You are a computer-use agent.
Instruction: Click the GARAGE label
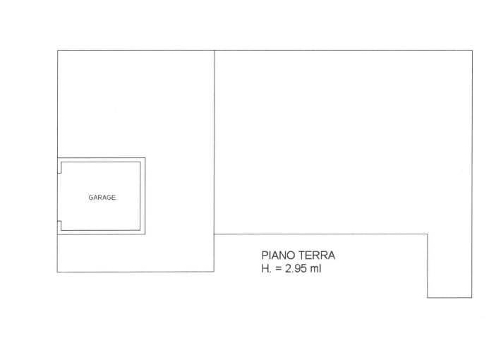point(102,198)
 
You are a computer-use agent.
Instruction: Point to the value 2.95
point(296,268)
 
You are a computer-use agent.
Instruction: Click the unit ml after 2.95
point(315,268)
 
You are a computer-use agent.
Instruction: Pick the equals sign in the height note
point(279,269)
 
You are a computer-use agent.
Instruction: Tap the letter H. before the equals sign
point(267,268)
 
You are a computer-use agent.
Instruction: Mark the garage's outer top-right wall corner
point(145,158)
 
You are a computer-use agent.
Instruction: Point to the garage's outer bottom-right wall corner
point(145,234)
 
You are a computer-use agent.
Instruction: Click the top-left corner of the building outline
point(58,50)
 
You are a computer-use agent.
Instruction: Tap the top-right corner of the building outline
point(472,50)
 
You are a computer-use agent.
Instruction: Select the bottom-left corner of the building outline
point(57,272)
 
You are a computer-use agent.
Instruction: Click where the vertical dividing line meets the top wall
point(214,50)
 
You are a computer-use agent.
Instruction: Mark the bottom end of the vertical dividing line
point(214,272)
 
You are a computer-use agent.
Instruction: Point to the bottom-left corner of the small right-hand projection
point(428,298)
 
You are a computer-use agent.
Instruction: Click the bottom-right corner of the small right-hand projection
point(472,298)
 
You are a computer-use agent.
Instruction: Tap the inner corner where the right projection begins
point(428,234)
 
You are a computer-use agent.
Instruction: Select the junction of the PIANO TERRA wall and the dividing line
point(214,234)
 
